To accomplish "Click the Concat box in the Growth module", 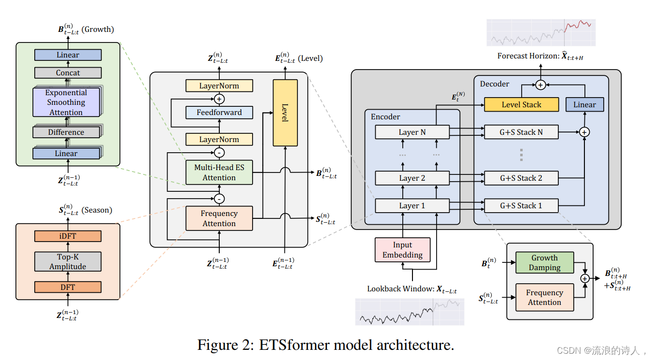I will point(68,73).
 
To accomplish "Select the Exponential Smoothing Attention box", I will point(66,102).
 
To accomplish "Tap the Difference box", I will point(66,132).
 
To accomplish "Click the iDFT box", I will point(68,236).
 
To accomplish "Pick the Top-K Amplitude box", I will point(68,261).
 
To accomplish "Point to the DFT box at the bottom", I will point(68,287).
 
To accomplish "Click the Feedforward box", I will point(219,113).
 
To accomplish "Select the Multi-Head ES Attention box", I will point(219,173).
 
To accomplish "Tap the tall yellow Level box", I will point(285,113).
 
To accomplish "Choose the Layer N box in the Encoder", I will point(412,132).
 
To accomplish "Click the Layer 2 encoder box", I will point(412,178).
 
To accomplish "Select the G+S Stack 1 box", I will point(521,205).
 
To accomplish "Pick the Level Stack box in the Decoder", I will point(521,104).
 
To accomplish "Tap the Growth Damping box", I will point(544,263).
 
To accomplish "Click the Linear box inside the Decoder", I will point(584,104).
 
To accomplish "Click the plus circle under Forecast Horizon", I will point(540,85).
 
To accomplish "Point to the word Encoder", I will point(385,116).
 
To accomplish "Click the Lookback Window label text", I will point(412,289).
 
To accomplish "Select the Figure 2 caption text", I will point(326,345).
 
